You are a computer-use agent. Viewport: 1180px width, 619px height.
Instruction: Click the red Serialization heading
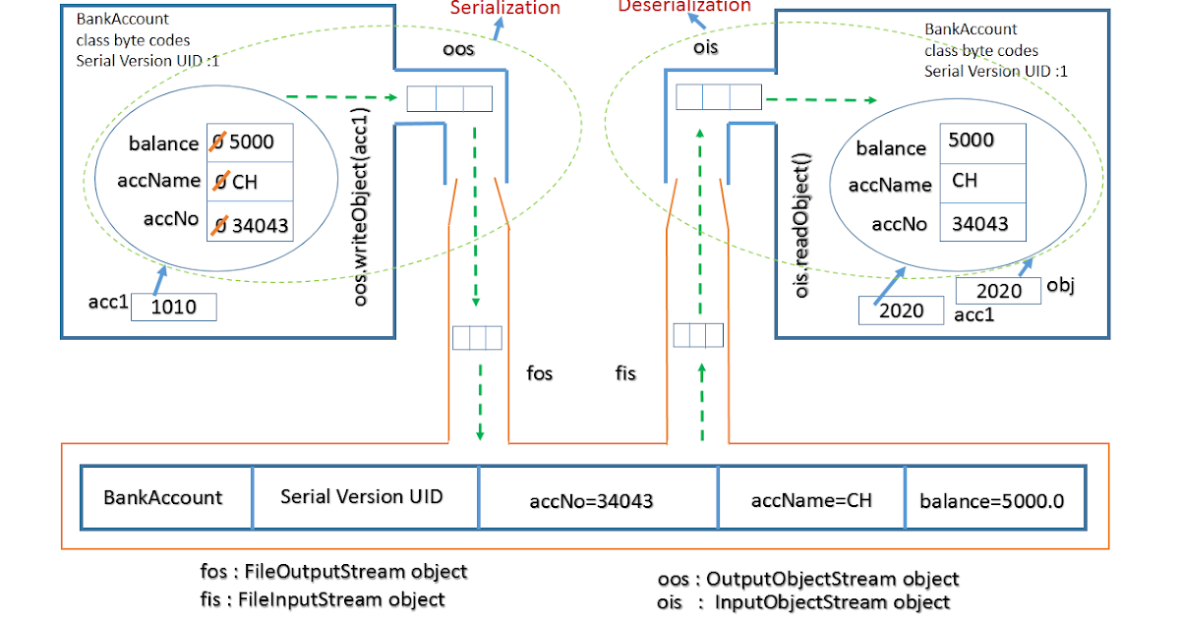tap(504, 9)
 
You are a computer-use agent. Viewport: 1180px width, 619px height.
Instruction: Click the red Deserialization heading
tap(683, 6)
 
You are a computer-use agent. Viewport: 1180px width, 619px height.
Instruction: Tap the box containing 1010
tap(173, 308)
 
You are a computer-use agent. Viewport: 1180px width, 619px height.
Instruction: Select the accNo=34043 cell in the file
tap(591, 501)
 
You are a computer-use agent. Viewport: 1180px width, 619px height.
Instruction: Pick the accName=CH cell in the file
tap(811, 500)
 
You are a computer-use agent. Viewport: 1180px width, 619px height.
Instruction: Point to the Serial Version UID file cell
tap(362, 496)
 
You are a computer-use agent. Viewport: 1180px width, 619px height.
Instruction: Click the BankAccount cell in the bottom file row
tap(163, 497)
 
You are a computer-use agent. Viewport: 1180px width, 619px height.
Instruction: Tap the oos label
tap(457, 48)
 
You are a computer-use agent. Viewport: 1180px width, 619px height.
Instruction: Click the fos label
tap(540, 373)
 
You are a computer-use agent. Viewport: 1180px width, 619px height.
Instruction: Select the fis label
tap(625, 373)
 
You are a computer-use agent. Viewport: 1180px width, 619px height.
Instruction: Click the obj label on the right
tap(1060, 285)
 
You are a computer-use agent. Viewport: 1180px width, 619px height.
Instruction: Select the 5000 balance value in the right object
tap(971, 140)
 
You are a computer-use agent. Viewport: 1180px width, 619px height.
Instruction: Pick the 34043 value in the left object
tap(259, 225)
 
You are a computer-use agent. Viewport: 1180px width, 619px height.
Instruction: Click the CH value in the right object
tap(965, 181)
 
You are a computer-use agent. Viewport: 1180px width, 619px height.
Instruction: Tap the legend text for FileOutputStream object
tap(333, 571)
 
